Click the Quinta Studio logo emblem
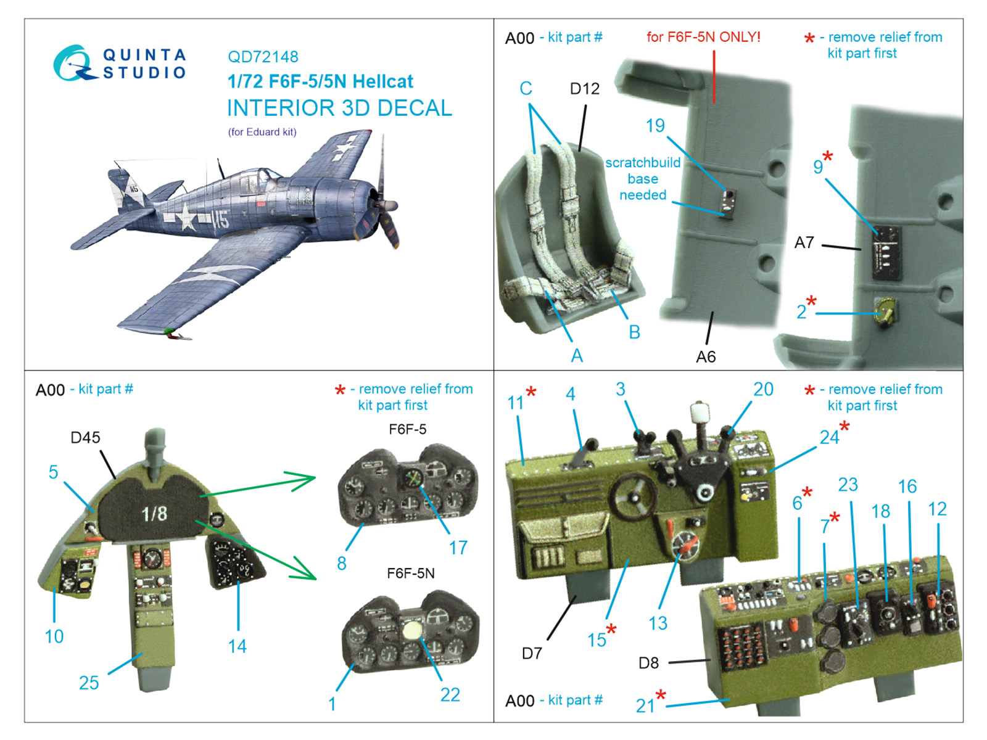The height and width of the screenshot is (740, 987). (x=74, y=64)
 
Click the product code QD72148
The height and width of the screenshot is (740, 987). (x=263, y=57)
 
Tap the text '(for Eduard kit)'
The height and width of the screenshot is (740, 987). (x=262, y=132)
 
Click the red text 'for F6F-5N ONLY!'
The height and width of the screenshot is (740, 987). (x=703, y=37)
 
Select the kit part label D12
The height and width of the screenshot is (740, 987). (x=584, y=89)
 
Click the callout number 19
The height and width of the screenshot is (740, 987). (x=655, y=126)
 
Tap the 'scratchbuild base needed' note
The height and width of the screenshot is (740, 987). (x=643, y=179)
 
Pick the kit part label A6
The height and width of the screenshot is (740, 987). (x=706, y=357)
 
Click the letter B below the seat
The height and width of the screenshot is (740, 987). (x=634, y=332)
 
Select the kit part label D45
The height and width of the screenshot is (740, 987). (x=85, y=438)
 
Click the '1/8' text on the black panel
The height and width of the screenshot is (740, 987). (x=154, y=514)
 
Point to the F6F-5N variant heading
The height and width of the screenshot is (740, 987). (x=410, y=573)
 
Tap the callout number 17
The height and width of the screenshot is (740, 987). (x=458, y=548)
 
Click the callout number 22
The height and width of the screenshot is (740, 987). (x=450, y=695)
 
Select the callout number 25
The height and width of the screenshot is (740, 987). (x=89, y=683)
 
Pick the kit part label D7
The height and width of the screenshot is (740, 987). (x=532, y=653)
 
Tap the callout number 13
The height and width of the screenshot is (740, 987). (x=658, y=623)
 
